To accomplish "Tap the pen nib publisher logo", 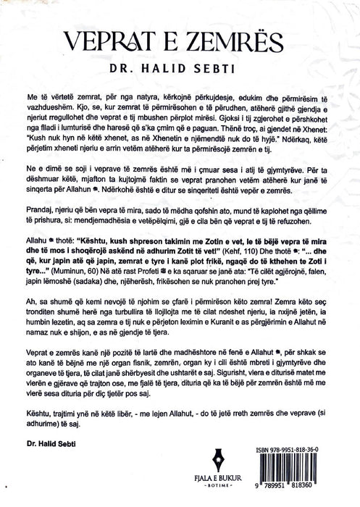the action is click(x=180, y=460).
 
